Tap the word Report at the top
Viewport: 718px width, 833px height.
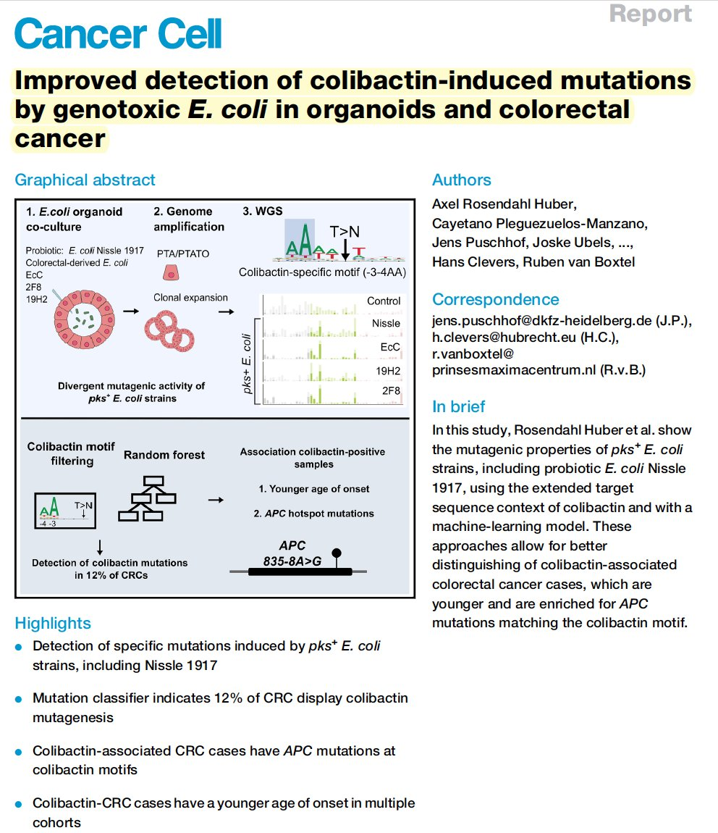(650, 14)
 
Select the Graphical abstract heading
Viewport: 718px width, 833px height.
(85, 180)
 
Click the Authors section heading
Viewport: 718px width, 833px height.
(461, 180)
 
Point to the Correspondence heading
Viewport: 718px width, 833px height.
(495, 299)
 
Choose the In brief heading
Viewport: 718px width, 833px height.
(458, 406)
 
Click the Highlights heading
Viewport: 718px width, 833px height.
(53, 623)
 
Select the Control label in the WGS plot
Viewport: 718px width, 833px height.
(384, 301)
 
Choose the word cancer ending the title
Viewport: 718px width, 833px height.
(60, 138)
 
